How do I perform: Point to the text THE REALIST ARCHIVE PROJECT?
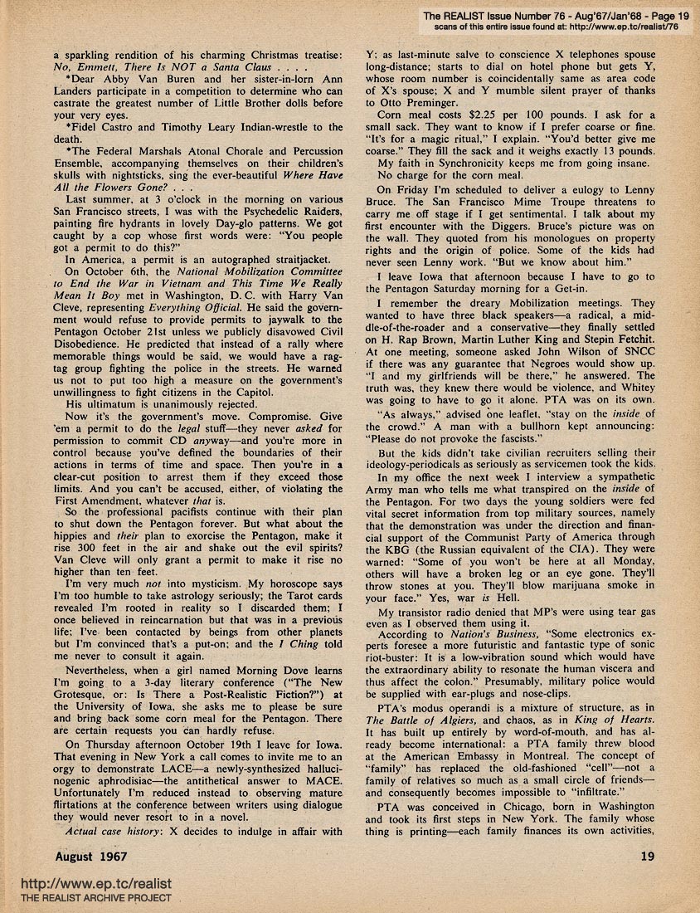tap(96, 898)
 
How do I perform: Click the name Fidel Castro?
tap(106, 128)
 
